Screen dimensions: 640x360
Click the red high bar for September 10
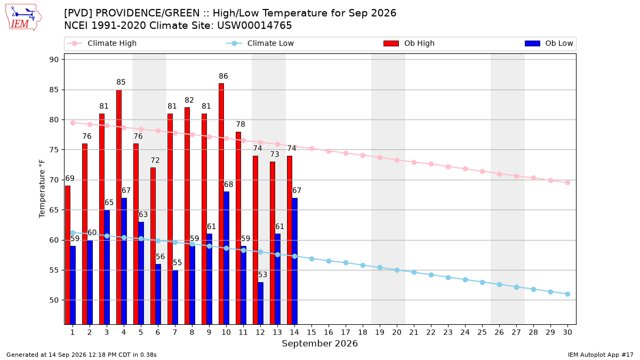point(221,204)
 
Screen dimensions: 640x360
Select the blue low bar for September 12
point(261,303)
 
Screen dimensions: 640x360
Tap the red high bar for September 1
point(68,255)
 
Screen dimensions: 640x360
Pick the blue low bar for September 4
point(124,261)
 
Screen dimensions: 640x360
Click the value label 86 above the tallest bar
point(223,76)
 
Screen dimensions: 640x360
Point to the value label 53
point(262,275)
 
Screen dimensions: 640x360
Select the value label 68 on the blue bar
point(228,185)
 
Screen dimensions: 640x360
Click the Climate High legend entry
point(102,43)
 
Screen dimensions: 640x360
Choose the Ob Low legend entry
point(549,43)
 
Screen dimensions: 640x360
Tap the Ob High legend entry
point(409,43)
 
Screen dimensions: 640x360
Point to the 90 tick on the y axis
point(54,59)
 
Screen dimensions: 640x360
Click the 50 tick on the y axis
point(54,300)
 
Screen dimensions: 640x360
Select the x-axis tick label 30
point(567,332)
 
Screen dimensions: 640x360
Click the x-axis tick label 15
point(311,332)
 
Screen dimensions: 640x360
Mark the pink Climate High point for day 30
point(567,182)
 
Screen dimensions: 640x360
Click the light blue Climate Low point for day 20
point(397,270)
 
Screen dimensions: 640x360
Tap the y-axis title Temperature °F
point(42,189)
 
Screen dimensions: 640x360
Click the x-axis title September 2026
point(319,343)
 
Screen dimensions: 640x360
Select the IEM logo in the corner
point(23,18)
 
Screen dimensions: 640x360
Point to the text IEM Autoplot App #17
point(601,355)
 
